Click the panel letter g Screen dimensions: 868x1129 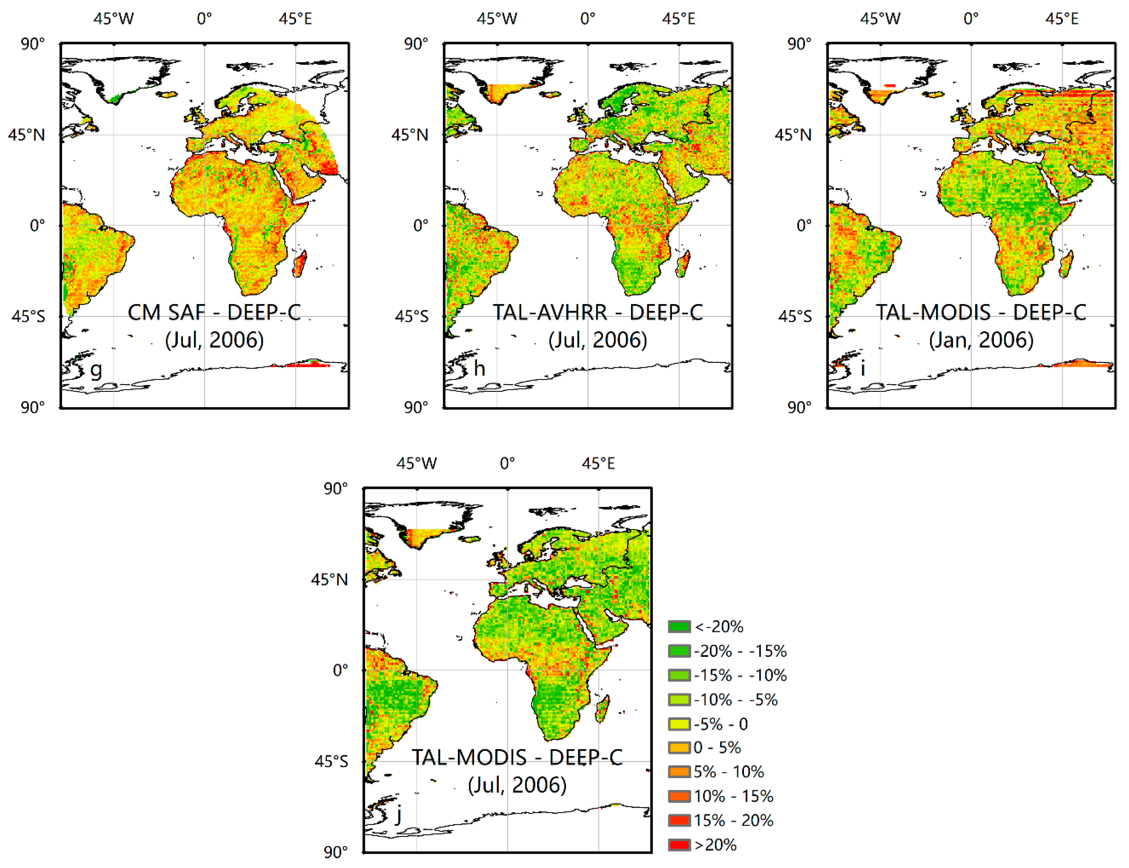[x=96, y=370]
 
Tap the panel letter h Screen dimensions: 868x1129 [x=480, y=368]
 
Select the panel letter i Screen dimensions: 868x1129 [x=863, y=368]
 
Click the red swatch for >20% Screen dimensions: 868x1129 [x=679, y=845]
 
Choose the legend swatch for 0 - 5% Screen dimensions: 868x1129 [x=679, y=748]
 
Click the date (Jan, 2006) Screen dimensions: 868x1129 [x=981, y=340]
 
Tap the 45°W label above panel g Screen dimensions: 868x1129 [x=113, y=19]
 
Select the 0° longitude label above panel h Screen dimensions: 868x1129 [x=588, y=19]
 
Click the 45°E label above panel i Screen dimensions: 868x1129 [x=1062, y=19]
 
